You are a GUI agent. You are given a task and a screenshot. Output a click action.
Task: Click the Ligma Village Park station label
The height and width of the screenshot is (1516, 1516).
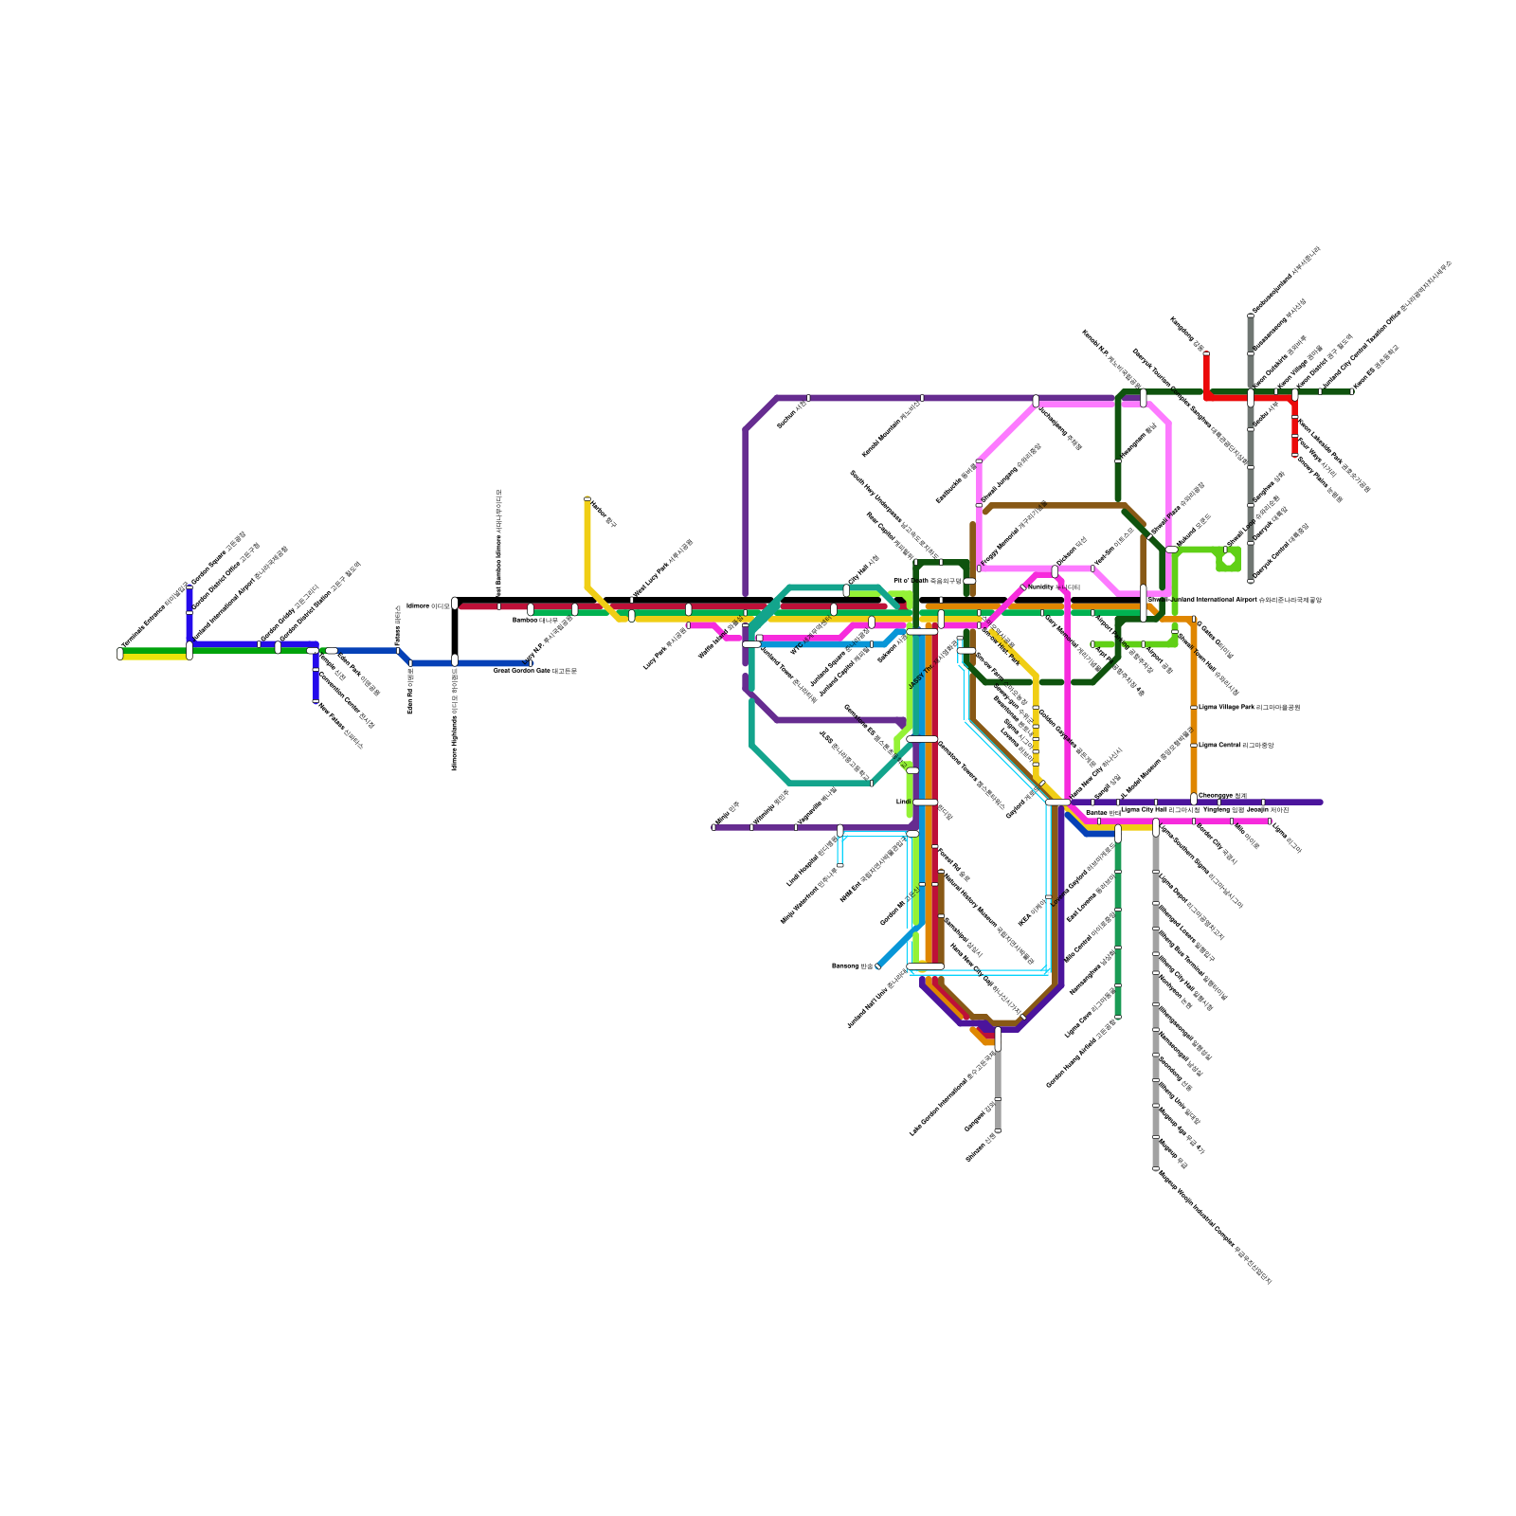(1249, 707)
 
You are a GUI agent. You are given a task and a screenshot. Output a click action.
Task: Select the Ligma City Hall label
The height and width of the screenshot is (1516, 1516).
(1160, 810)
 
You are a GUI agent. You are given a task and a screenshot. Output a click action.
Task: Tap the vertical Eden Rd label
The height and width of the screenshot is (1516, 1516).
(410, 691)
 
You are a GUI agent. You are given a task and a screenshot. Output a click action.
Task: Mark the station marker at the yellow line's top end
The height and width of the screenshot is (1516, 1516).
(587, 498)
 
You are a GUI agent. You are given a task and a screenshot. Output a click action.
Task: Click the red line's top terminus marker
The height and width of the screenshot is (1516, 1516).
(1206, 354)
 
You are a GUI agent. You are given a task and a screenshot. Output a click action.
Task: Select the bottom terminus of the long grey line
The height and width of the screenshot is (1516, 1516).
(1156, 1169)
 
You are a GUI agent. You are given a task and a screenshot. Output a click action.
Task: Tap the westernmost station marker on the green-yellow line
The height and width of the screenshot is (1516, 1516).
(120, 653)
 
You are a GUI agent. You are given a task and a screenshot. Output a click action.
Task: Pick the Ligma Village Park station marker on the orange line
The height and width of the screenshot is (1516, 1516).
(1194, 707)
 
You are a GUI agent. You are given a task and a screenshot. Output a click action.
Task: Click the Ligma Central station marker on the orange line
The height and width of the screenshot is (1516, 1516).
(1194, 745)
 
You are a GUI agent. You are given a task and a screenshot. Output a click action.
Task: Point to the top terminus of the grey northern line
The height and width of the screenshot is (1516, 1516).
(1251, 315)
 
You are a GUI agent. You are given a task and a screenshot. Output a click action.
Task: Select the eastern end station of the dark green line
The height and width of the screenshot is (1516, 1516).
(1352, 391)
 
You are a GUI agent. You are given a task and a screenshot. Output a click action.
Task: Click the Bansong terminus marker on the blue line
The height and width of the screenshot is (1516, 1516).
(878, 966)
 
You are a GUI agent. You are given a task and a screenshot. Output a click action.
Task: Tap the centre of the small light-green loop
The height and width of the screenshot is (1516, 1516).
(1229, 559)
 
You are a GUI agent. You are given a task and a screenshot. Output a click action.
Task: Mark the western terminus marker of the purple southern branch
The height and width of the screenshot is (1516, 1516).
(713, 827)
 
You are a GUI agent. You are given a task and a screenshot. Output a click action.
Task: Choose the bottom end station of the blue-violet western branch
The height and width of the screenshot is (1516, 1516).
(316, 701)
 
